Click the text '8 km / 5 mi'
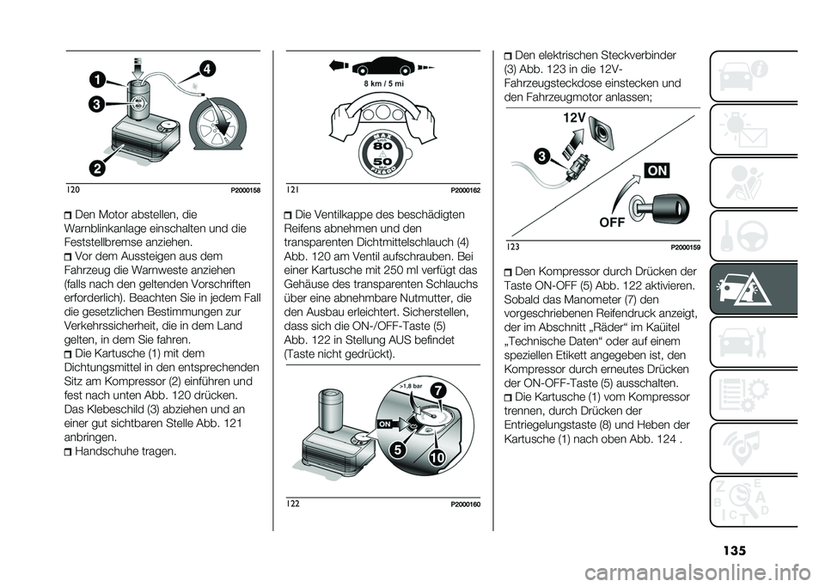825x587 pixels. [x=383, y=84]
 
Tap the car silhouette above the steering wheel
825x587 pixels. [x=382, y=64]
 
